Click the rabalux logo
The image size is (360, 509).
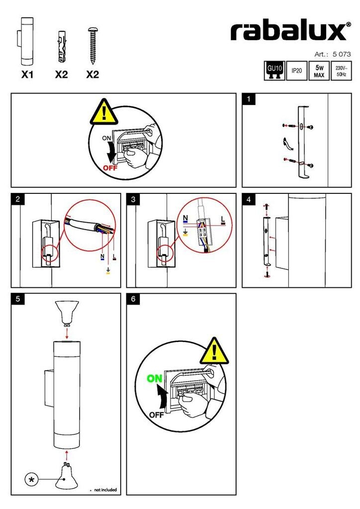coord(288,31)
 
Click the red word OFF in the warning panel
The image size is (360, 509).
coord(111,168)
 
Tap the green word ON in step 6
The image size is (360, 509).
coord(155,379)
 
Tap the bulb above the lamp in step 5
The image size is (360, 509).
coord(67,312)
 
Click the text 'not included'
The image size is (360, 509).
coord(105,490)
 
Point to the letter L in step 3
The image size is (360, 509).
coord(222,218)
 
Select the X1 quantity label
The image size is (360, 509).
coord(27,75)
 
